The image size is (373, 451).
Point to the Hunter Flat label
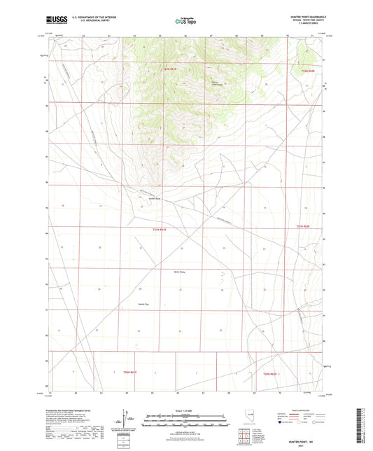(144, 303)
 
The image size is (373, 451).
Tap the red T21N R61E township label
(160, 228)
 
